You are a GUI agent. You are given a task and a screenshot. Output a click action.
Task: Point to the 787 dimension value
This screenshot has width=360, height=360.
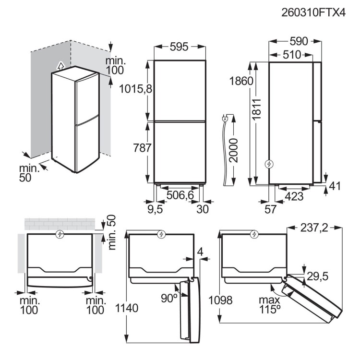coord(139,147)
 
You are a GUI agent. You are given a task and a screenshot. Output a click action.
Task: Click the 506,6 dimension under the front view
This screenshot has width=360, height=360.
coord(180,195)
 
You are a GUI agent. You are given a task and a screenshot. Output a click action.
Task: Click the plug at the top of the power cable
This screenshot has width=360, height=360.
coord(225,118)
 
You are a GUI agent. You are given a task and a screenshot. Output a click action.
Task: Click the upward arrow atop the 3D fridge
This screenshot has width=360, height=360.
coord(60,65)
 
